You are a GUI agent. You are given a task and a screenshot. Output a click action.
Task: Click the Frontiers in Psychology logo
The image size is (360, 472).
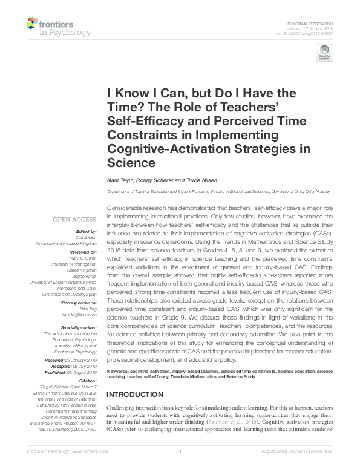point(59,26)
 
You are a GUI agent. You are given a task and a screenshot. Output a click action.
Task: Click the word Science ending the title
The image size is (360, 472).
point(131,162)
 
